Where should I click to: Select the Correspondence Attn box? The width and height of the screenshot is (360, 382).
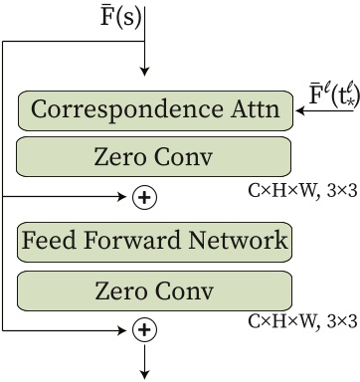(x=154, y=109)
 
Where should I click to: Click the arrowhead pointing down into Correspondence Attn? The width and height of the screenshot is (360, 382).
(x=146, y=73)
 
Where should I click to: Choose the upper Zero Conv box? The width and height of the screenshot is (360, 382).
(x=154, y=156)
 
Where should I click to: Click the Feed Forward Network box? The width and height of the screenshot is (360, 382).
(x=154, y=241)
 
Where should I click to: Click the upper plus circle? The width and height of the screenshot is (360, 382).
(x=146, y=198)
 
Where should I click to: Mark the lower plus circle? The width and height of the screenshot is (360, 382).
(x=146, y=328)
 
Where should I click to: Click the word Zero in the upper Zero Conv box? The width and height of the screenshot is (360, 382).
(x=118, y=156)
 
